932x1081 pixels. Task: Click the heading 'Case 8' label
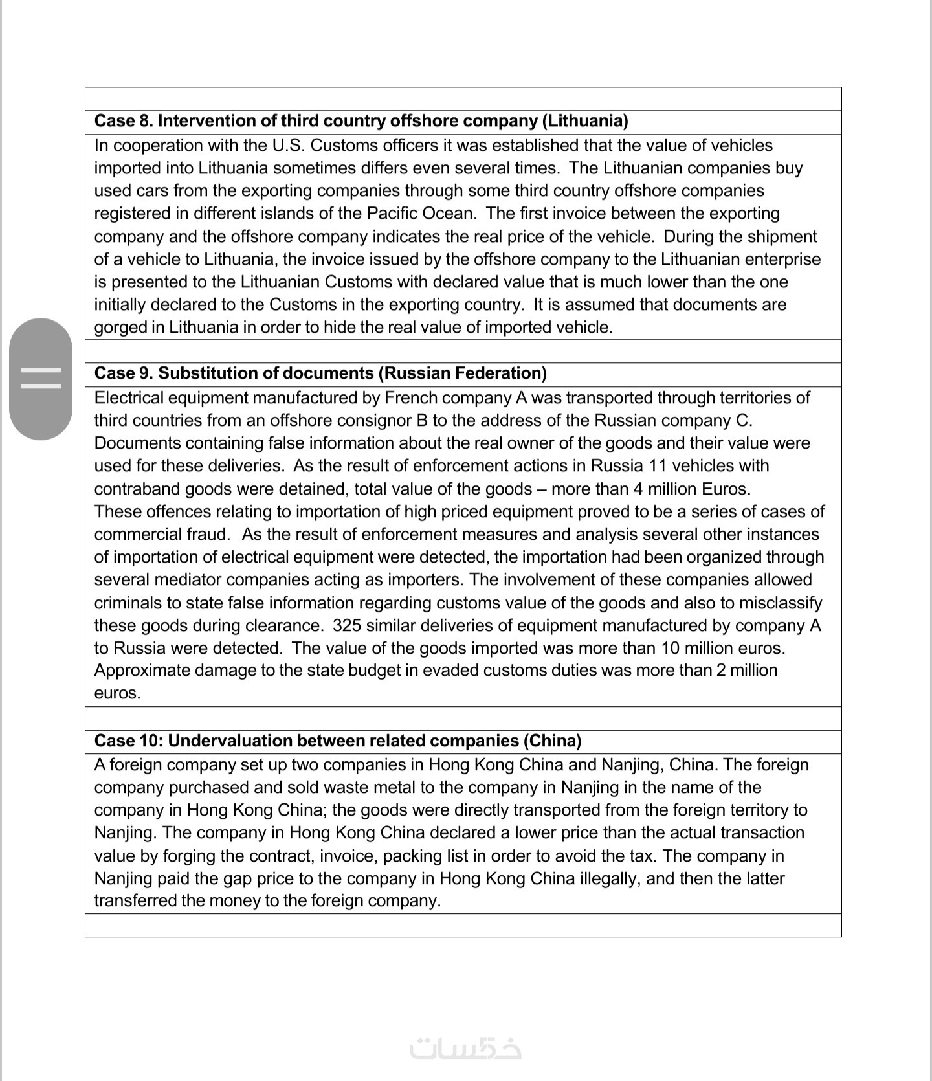point(123,121)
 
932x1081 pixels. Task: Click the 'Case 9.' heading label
point(124,373)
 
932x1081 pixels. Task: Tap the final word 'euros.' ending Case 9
point(117,693)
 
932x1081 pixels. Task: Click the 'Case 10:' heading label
point(129,741)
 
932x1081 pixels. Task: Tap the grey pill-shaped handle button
point(41,379)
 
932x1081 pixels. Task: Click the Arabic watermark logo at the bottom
point(465,1047)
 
